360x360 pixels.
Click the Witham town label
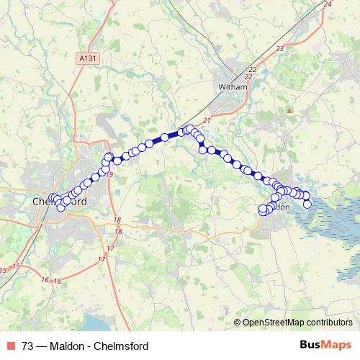(233, 87)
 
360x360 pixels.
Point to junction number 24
(328, 5)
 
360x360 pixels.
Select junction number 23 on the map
(279, 48)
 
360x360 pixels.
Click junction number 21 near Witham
(207, 120)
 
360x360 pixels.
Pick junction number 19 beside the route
(110, 175)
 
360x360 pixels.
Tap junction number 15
(4, 269)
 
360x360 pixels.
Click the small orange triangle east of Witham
(289, 111)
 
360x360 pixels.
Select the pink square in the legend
(10, 345)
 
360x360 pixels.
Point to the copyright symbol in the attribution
(238, 323)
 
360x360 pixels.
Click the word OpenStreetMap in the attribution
(272, 323)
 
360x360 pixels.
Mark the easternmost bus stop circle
(307, 204)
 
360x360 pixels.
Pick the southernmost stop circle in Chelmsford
(61, 209)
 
